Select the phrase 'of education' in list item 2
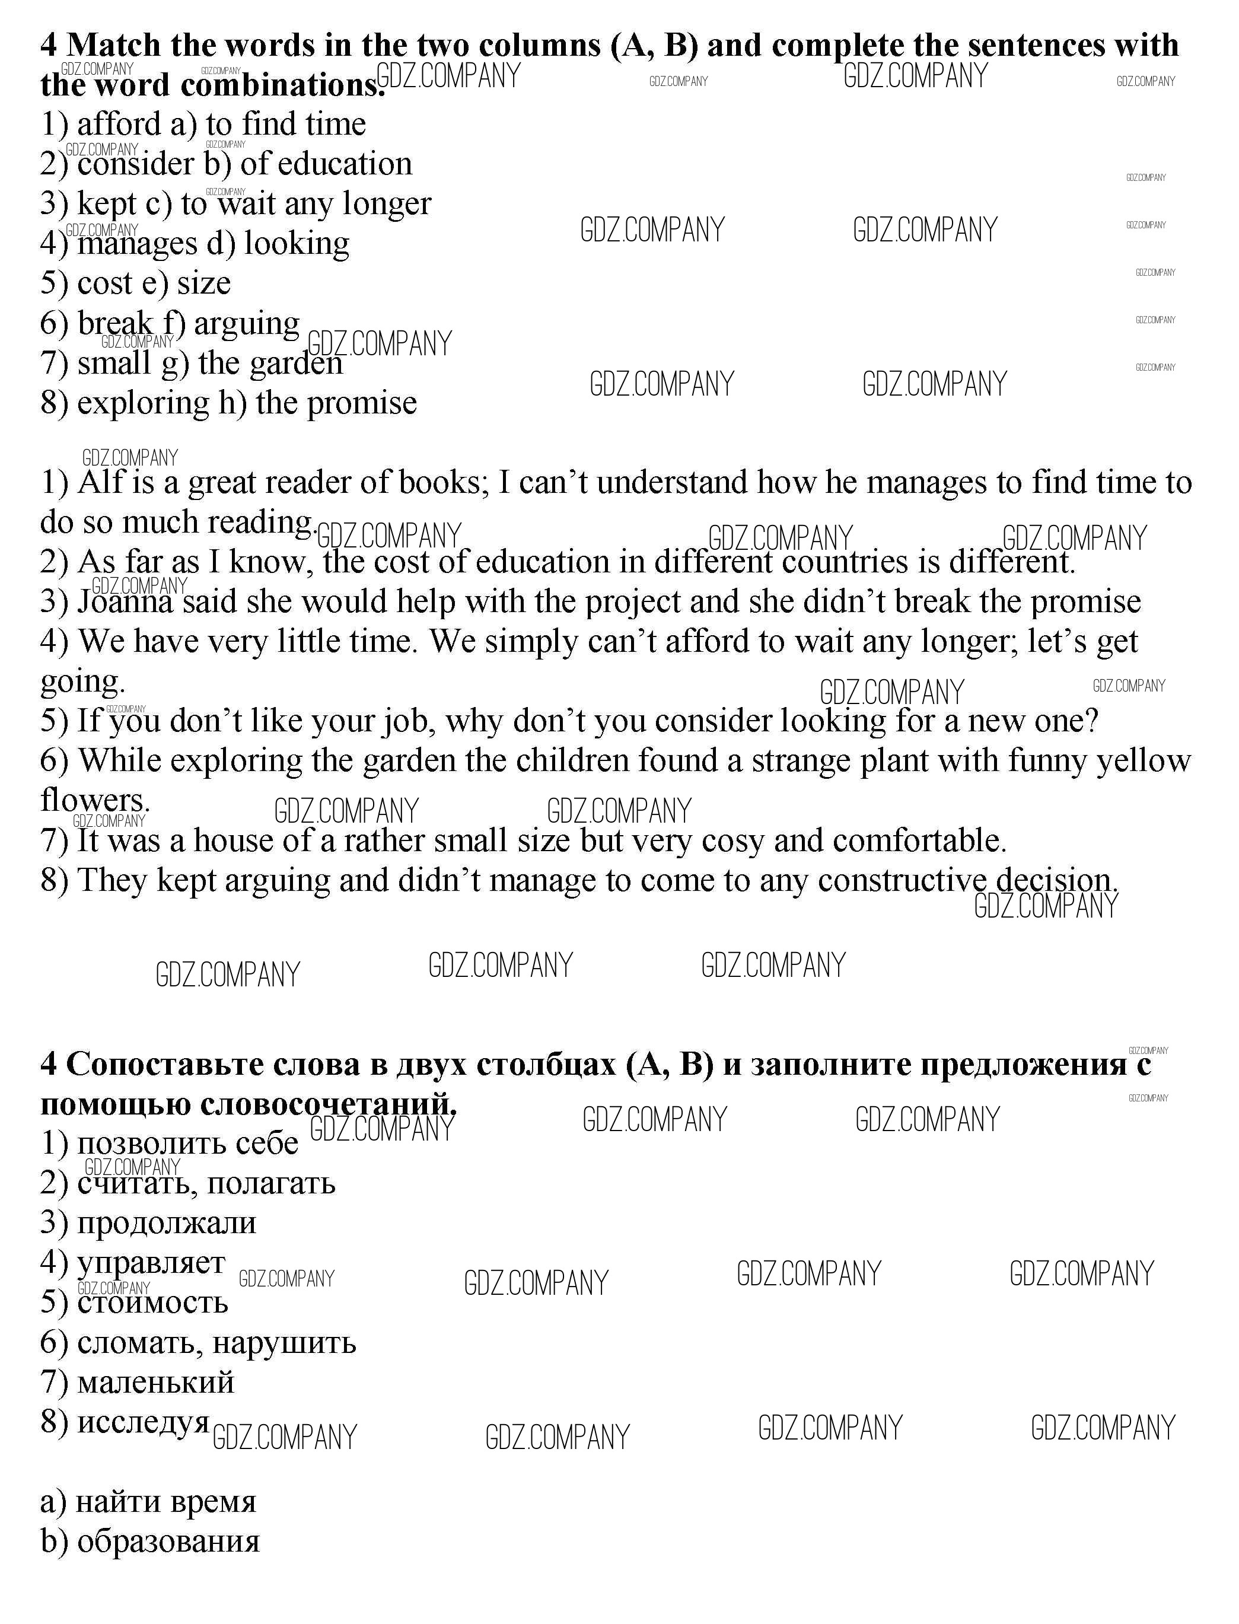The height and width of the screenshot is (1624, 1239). click(326, 164)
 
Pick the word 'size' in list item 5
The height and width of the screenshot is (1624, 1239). click(203, 283)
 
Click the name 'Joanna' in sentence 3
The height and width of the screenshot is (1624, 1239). click(125, 602)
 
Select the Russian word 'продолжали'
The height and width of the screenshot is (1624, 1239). click(167, 1224)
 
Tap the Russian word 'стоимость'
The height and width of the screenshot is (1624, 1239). click(152, 1303)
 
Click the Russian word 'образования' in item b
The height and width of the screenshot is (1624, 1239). click(168, 1542)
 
